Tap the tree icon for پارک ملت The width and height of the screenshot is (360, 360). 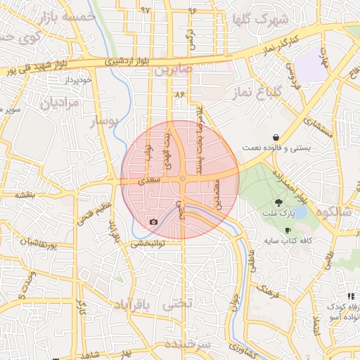point(282,202)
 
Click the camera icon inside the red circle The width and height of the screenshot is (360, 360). point(153,222)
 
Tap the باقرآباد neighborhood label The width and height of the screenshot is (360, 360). point(131,305)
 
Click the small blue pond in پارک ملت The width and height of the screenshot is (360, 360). point(301,212)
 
